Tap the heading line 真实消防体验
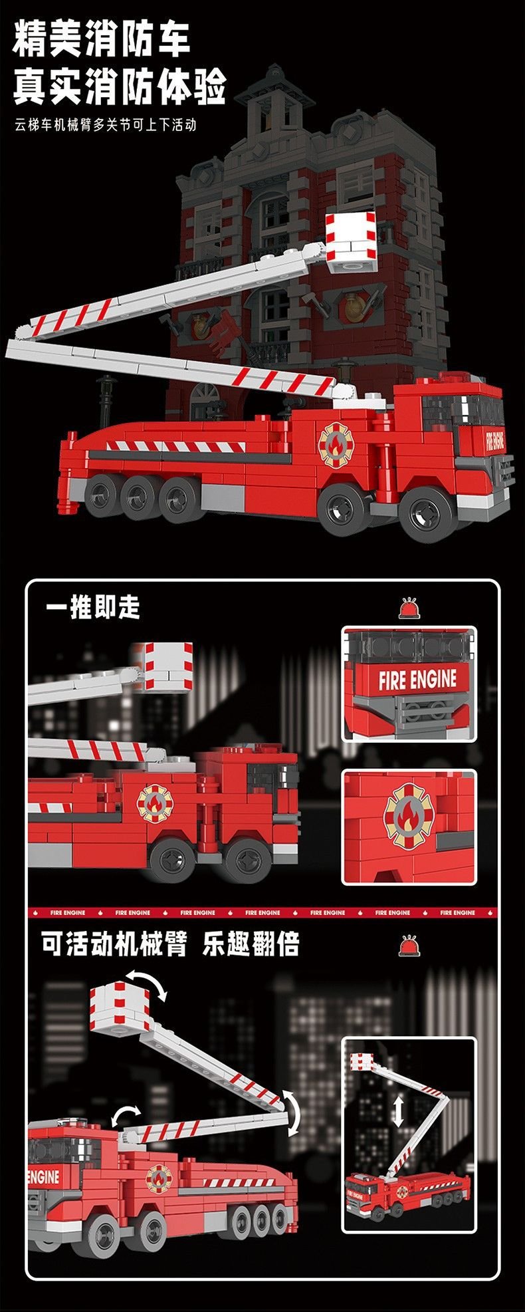click(120, 86)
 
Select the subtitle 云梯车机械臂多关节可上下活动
click(106, 124)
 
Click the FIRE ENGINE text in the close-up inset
click(418, 680)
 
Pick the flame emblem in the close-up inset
click(408, 817)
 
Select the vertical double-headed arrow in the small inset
click(398, 1111)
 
